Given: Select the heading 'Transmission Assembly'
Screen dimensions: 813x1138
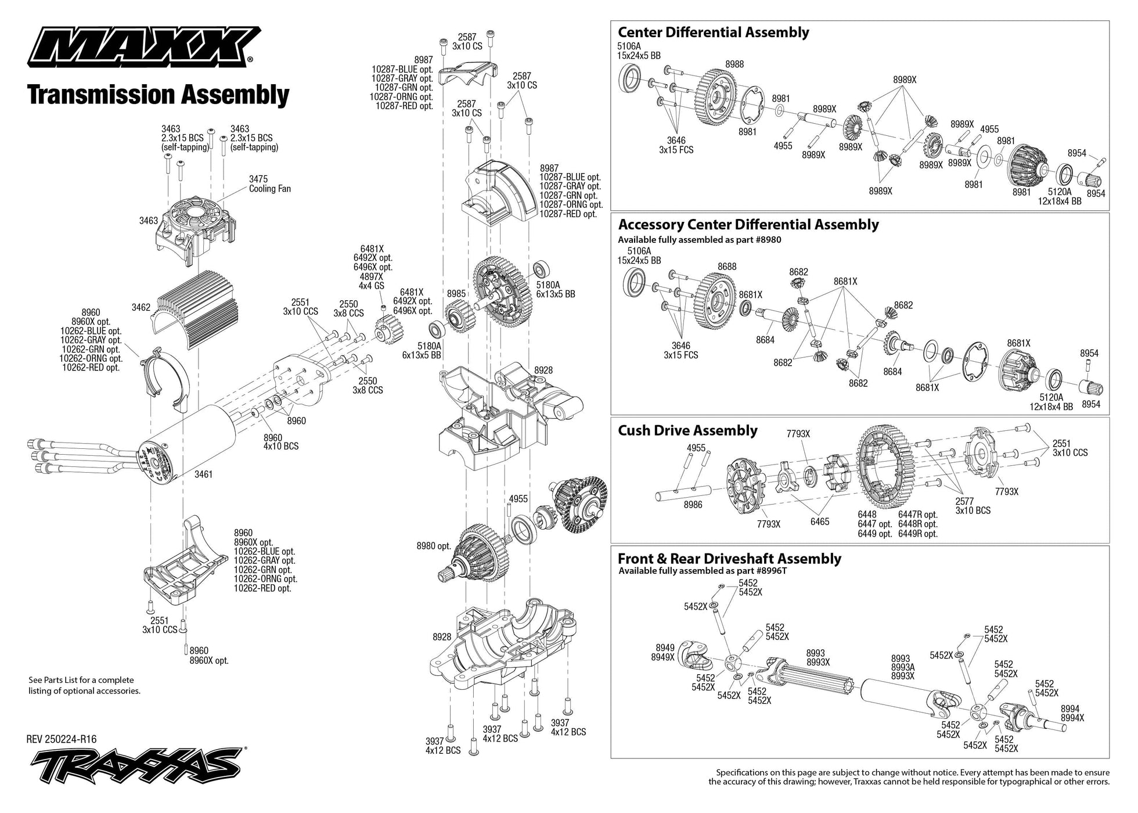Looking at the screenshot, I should [x=158, y=95].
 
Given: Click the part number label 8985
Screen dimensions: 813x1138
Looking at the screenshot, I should [x=456, y=294].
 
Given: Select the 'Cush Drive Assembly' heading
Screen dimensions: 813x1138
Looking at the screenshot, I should [x=687, y=430].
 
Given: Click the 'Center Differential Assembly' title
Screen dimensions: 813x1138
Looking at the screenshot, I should [x=713, y=32].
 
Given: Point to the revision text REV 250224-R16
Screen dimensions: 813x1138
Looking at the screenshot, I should [x=62, y=739].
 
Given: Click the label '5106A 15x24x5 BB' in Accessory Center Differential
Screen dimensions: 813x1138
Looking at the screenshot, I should [x=639, y=256].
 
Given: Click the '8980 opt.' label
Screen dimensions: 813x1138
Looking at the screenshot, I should [x=433, y=546].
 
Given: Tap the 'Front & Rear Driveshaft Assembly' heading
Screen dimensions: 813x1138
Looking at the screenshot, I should [x=729, y=559].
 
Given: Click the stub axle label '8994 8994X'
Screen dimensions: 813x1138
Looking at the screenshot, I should [x=1072, y=713].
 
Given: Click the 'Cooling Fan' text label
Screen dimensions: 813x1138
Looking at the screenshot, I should [x=270, y=189].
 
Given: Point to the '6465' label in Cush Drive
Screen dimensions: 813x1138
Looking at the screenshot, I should [x=820, y=521].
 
